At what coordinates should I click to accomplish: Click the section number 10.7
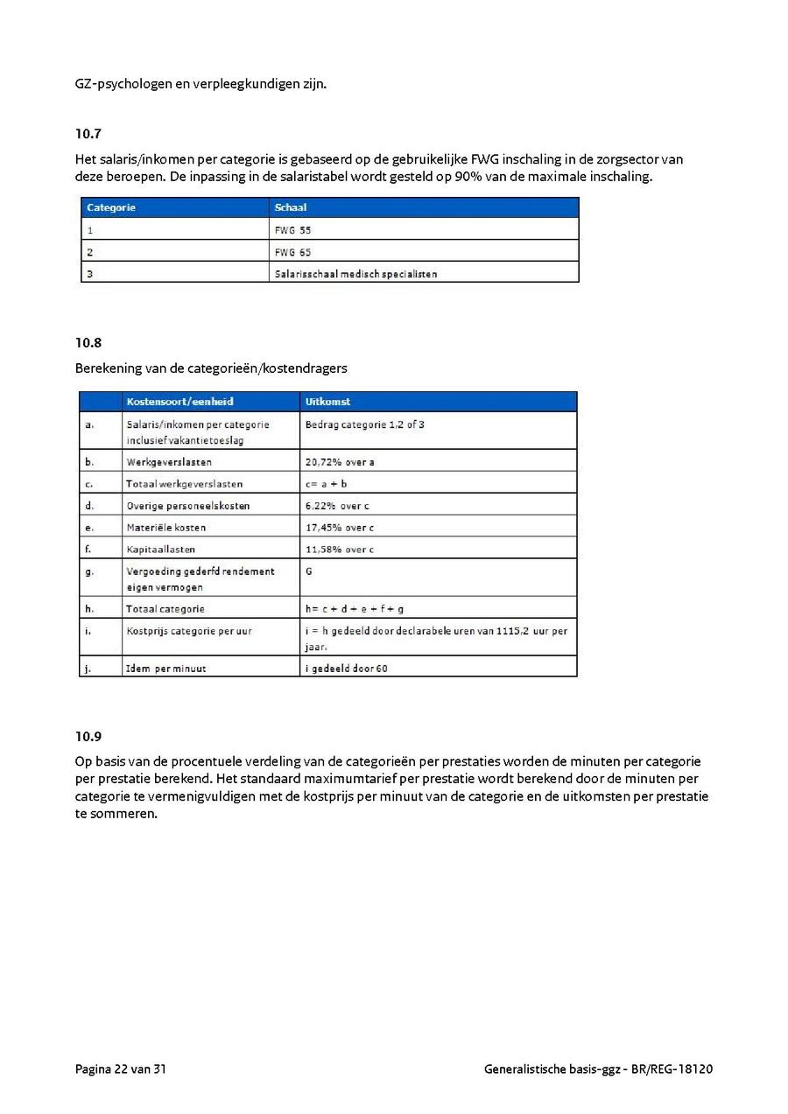click(x=88, y=134)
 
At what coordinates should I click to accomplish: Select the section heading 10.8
click(x=88, y=343)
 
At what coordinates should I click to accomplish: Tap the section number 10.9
click(x=88, y=736)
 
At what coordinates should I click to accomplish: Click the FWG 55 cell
click(x=292, y=230)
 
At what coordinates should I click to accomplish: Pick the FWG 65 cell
click(x=292, y=252)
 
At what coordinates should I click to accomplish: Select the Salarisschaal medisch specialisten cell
click(x=355, y=274)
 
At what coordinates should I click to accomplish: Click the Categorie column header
click(x=111, y=208)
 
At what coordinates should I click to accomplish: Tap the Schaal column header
click(x=290, y=208)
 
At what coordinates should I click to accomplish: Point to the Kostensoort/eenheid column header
click(x=179, y=402)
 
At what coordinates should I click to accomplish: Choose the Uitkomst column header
click(x=327, y=402)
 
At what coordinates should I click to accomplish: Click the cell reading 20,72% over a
click(x=340, y=461)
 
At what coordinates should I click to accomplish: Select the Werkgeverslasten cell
click(x=169, y=461)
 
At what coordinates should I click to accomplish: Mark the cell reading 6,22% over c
click(x=337, y=506)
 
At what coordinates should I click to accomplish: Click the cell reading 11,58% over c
click(x=340, y=550)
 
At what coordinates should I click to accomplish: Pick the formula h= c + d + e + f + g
click(x=355, y=609)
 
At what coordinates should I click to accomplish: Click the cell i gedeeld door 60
click(x=347, y=669)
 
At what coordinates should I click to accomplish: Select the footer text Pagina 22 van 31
click(x=121, y=1068)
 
